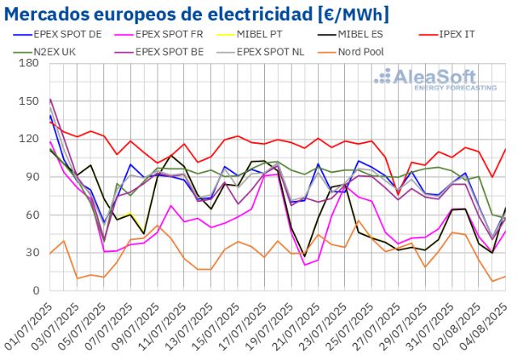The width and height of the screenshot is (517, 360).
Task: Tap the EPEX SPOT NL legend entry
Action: [x=280, y=51]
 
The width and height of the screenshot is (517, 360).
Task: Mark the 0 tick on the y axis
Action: [x=37, y=291]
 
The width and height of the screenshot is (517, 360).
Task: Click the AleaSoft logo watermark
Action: [x=435, y=79]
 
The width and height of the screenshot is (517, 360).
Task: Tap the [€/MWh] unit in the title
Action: [x=347, y=14]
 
